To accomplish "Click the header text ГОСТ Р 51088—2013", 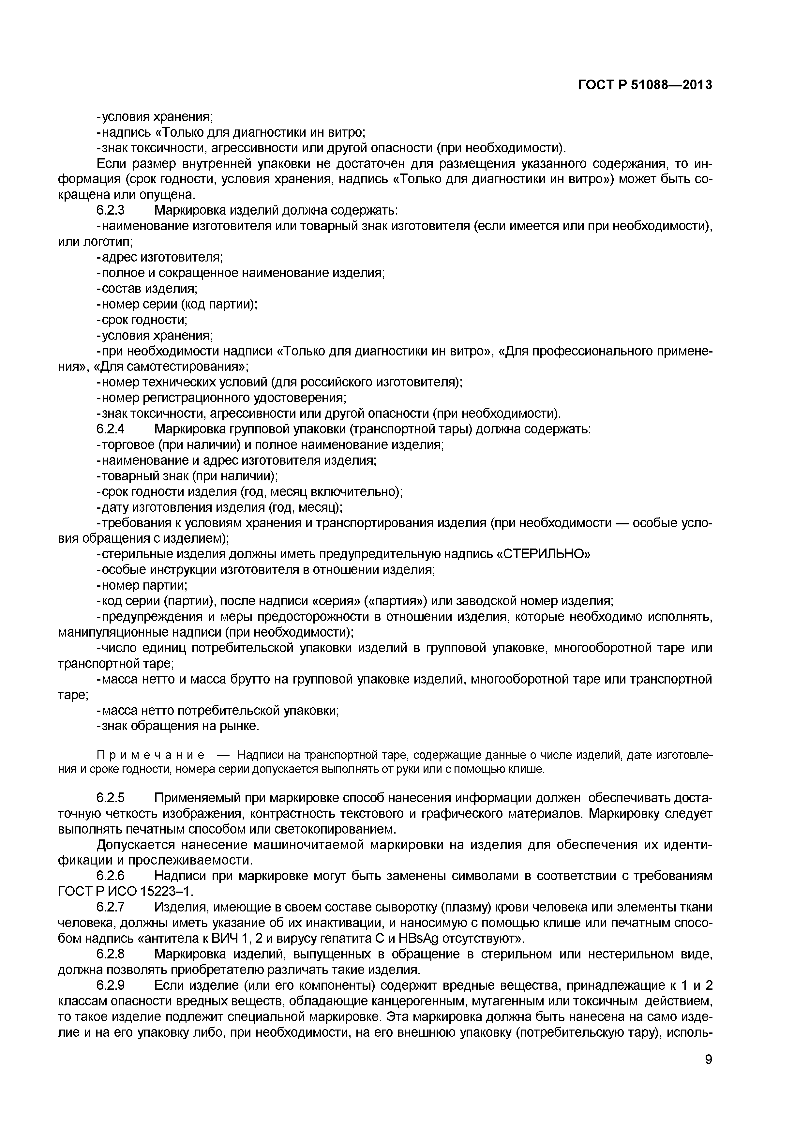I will (x=645, y=85).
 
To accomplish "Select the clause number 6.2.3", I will (x=110, y=210).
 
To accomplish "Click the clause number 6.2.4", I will (x=110, y=429).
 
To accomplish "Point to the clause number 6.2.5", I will (x=110, y=798).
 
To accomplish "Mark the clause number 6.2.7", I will (x=110, y=907).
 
